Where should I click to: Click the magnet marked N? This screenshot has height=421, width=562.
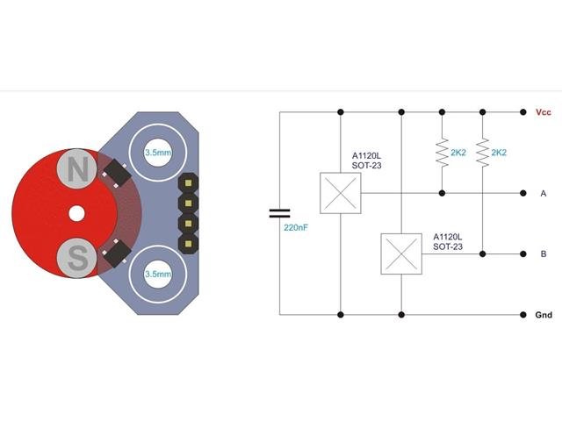[x=78, y=168]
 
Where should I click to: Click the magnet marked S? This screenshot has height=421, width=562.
[x=78, y=258]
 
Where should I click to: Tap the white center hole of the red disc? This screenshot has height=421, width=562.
[x=76, y=213]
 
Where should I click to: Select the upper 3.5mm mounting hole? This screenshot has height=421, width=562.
[x=157, y=151]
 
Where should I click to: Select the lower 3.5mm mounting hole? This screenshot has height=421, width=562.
[x=157, y=275]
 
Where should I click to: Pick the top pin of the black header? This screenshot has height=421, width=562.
[x=188, y=185]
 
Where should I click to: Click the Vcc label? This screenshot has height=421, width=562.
[x=543, y=112]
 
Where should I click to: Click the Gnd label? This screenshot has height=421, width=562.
[x=544, y=314]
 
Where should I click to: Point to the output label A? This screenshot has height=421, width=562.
[x=544, y=193]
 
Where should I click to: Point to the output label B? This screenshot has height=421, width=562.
[x=544, y=253]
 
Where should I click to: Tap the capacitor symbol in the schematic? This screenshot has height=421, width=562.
[x=279, y=213]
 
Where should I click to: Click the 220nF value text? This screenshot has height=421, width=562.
[x=296, y=227]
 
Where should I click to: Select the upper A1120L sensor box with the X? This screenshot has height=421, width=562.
[x=340, y=193]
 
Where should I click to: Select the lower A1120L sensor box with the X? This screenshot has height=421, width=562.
[x=401, y=253]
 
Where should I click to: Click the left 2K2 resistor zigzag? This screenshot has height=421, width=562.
[x=441, y=152]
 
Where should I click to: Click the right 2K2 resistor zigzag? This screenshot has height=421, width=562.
[x=483, y=152]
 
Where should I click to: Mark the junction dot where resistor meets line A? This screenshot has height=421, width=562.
[x=441, y=193]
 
